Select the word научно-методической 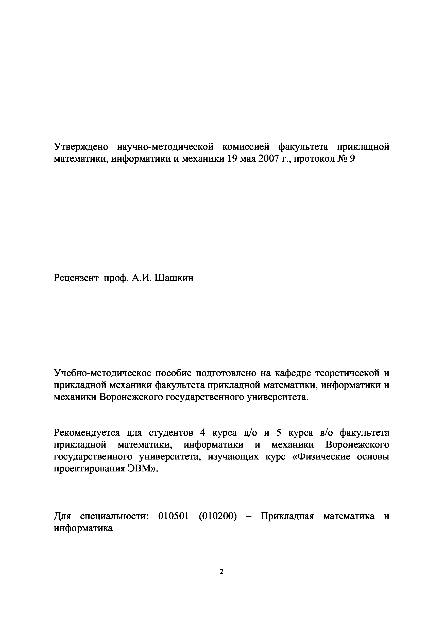point(165,147)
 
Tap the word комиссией point(246,147)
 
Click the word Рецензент point(76,278)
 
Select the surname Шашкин point(174,278)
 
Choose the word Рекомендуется point(87,433)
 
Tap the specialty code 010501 point(174,516)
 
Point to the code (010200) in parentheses point(218,516)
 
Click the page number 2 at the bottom point(221,572)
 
